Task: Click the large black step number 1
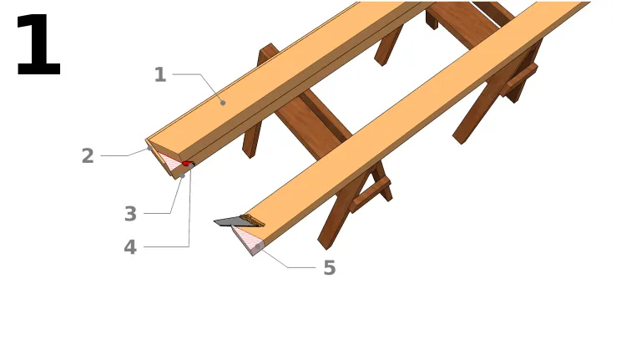pos(38,44)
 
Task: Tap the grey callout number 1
pos(160,74)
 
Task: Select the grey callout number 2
pos(88,155)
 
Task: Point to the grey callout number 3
pos(130,214)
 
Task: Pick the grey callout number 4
pos(130,247)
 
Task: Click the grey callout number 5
pos(330,267)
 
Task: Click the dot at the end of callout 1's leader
pos(223,103)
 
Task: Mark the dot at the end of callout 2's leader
pos(149,149)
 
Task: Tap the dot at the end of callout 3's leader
pos(183,175)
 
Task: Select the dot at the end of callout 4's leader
pos(191,166)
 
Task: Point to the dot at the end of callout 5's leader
pos(258,247)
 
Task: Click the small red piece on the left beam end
pos(187,164)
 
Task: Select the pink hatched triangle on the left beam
pos(169,161)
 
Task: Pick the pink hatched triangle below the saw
pos(246,239)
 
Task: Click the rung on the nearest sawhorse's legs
pos(370,195)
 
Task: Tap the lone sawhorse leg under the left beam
pos(251,138)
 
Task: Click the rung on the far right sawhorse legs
pos(519,80)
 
